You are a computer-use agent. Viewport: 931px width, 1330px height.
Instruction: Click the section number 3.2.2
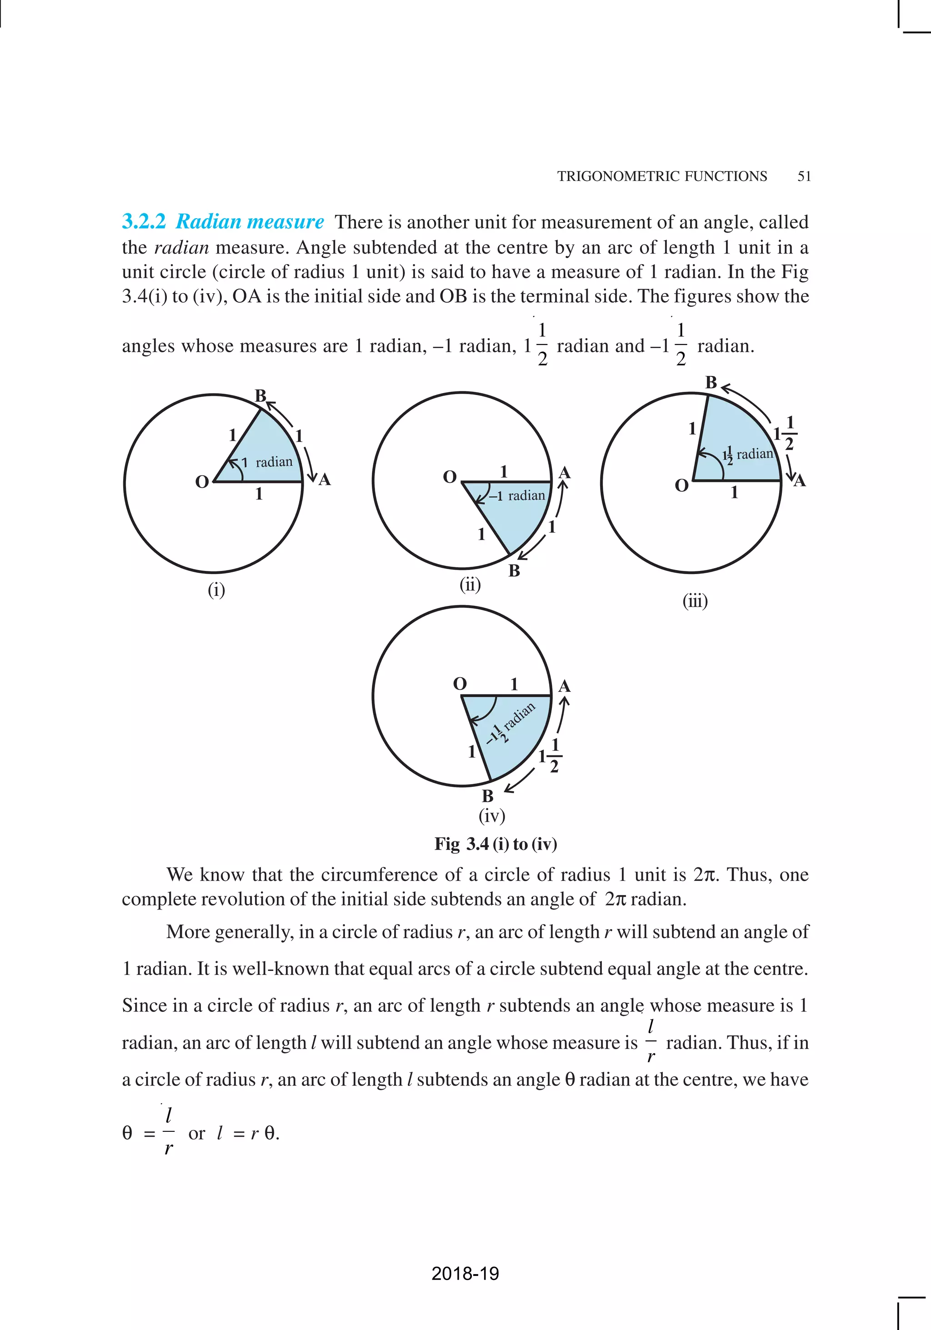144,221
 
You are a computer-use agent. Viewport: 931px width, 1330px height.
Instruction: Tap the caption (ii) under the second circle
470,585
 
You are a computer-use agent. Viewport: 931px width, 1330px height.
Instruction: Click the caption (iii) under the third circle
695,601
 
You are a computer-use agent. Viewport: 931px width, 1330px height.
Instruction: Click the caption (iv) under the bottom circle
491,815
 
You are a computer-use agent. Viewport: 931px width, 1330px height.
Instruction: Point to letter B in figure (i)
260,395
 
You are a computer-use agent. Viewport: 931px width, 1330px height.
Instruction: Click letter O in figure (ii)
450,477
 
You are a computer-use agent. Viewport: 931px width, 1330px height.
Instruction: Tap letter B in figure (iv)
487,796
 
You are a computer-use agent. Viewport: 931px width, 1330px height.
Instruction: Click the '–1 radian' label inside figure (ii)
517,496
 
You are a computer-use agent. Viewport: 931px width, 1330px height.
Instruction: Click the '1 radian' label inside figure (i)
267,462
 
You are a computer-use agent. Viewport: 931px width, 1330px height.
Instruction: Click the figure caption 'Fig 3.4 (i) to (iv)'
496,844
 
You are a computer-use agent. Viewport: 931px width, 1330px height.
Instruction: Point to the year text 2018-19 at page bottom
465,1273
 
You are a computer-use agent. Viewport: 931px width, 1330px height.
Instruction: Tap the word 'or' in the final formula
196,1133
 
